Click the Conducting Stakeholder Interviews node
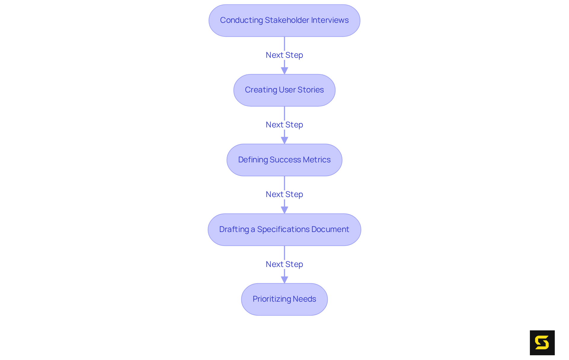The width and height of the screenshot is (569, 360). click(284, 20)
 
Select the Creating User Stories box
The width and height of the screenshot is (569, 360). click(284, 90)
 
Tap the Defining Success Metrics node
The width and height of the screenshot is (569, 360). click(284, 160)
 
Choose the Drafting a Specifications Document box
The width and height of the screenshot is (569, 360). click(284, 230)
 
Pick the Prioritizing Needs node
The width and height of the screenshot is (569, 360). click(284, 299)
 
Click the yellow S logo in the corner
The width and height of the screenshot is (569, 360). click(542, 343)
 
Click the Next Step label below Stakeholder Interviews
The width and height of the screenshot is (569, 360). click(284, 55)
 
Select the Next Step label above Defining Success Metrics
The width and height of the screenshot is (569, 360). click(284, 125)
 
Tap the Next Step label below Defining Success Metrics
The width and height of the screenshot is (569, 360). click(284, 194)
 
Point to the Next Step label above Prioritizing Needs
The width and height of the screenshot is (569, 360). click(284, 264)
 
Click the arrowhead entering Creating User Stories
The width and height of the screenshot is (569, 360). click(284, 71)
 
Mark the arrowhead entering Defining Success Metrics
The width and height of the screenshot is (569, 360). click(284, 140)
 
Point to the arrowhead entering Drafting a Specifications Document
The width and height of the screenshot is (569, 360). click(284, 210)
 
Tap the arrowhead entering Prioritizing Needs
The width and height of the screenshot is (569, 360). click(284, 279)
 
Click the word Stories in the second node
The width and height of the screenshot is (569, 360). click(310, 90)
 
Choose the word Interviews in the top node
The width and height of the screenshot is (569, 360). click(330, 20)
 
